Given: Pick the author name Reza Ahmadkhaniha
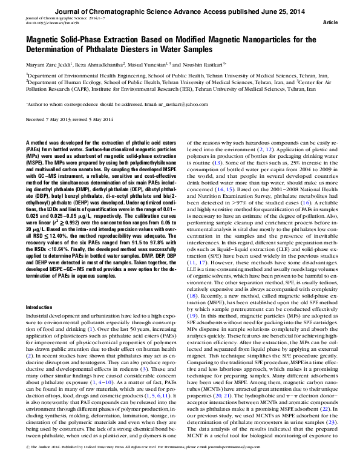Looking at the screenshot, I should point(100,62).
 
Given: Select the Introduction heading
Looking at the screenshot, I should point(39,307).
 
